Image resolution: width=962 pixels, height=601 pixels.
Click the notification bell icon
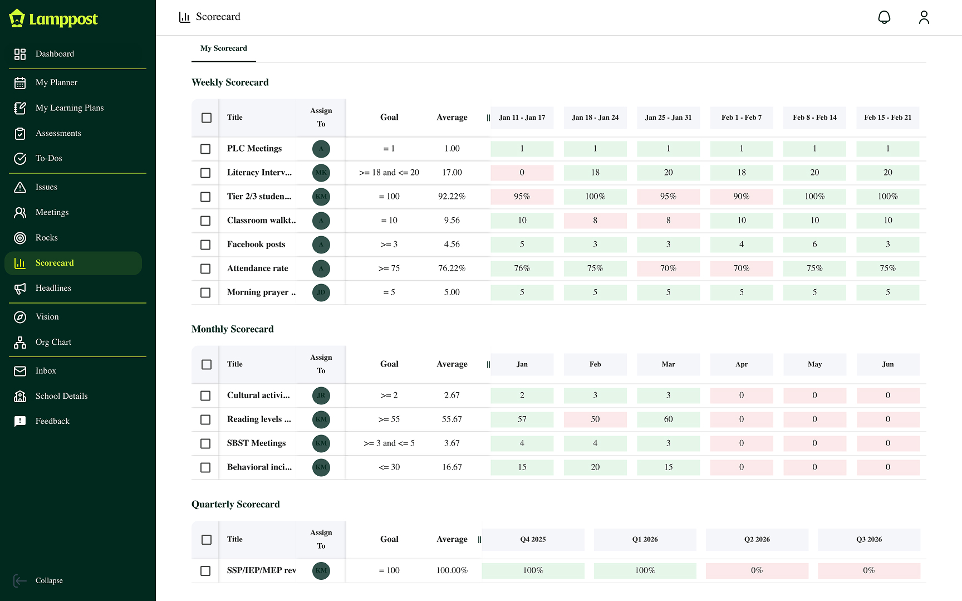point(884,17)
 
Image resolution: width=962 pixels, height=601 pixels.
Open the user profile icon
point(924,17)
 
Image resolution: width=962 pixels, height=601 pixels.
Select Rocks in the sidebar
point(46,238)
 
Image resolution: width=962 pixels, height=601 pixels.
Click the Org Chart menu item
point(53,342)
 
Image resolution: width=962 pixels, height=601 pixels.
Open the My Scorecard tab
point(223,48)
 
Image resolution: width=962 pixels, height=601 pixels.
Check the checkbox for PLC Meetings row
point(205,149)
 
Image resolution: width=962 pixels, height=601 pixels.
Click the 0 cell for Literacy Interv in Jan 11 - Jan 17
point(522,173)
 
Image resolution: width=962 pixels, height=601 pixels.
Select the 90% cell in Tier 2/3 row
point(741,197)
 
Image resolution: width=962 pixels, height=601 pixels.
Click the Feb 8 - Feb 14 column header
point(814,118)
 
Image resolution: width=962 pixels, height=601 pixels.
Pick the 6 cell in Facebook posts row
point(814,245)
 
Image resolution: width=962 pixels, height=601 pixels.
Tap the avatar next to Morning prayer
point(321,292)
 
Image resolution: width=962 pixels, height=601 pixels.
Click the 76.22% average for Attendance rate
point(451,268)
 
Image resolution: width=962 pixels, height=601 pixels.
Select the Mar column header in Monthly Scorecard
point(668,364)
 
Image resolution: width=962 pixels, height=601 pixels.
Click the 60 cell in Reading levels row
point(668,419)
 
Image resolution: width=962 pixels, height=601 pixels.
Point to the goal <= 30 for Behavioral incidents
point(389,467)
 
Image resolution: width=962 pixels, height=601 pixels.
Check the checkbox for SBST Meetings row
point(205,443)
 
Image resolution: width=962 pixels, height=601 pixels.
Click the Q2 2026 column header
point(757,539)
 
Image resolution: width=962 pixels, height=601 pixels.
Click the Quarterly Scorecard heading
point(235,504)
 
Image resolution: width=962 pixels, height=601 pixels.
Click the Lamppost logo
point(53,19)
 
